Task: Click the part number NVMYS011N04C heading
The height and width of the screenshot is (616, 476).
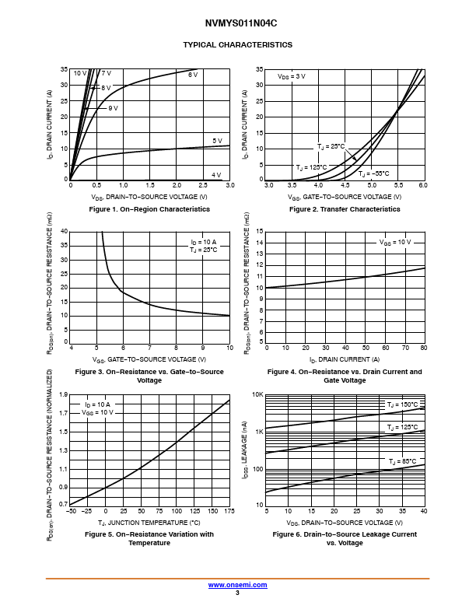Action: coord(241,23)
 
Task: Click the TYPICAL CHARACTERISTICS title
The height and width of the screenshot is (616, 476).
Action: coord(237,45)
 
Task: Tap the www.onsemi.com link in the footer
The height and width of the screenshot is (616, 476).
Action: coord(237,585)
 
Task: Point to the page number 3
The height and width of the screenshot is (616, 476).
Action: coord(237,593)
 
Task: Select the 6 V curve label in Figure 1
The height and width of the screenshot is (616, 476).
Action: coord(193,75)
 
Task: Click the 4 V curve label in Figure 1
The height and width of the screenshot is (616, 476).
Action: coord(216,175)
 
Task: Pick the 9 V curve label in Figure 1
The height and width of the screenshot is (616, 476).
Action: coord(113,108)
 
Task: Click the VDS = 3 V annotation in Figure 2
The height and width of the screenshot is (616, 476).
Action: coord(292,76)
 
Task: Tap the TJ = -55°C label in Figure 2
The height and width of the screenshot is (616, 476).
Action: coord(373,173)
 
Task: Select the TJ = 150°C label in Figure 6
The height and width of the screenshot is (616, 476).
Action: coord(403,404)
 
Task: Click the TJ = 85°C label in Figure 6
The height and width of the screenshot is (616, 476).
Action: coord(403,461)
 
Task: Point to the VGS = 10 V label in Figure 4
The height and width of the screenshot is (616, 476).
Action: coord(395,243)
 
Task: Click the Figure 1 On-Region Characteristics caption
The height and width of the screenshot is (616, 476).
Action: coord(149,209)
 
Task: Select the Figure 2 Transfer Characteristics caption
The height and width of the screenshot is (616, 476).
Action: coord(345,209)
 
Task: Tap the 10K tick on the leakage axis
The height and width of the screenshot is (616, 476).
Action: coord(257,394)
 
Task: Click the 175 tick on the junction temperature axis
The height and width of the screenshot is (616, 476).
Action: coord(229,511)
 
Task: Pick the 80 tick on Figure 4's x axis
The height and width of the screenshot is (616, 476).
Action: coord(424,348)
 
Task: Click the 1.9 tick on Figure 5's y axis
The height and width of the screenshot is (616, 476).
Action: coord(64,394)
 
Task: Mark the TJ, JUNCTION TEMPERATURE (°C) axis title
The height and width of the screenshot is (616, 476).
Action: coord(149,523)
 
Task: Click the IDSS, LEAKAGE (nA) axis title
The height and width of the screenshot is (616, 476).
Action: coord(245,450)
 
